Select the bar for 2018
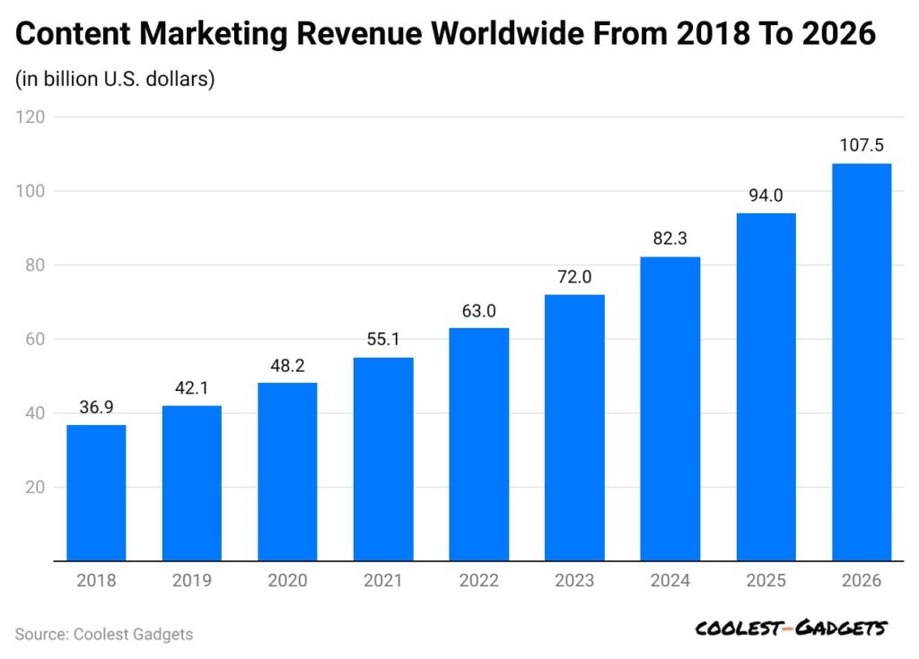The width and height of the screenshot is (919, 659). (x=96, y=493)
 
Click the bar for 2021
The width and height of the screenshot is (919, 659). (x=383, y=459)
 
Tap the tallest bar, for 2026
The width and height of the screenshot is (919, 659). (x=862, y=362)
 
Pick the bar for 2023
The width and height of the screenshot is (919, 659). (x=574, y=428)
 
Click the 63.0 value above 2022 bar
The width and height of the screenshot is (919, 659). (x=478, y=312)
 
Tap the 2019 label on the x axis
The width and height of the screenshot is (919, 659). (x=192, y=581)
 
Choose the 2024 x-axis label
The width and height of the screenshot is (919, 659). (x=670, y=581)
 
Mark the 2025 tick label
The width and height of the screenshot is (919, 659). (x=766, y=581)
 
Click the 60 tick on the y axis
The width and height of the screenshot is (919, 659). (x=35, y=339)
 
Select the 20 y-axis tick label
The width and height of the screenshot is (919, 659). (x=35, y=488)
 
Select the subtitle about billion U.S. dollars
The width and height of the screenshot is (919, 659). (x=115, y=79)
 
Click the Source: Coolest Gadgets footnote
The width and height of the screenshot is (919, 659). (x=104, y=634)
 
